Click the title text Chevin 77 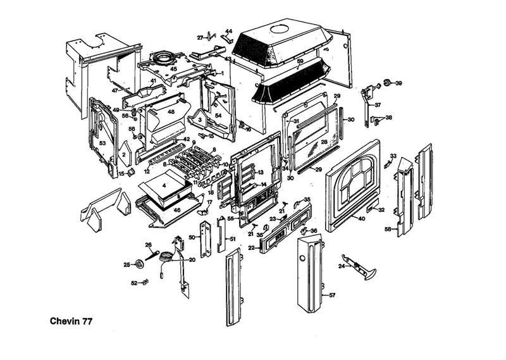pyautogui.click(x=71, y=321)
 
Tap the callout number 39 pyautogui.click(x=399, y=83)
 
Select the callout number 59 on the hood pyautogui.click(x=300, y=61)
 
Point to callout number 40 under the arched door pyautogui.click(x=361, y=219)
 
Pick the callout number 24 pyautogui.click(x=341, y=266)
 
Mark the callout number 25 pyautogui.click(x=126, y=264)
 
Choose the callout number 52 pyautogui.click(x=134, y=283)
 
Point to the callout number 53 pyautogui.click(x=101, y=144)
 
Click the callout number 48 pyautogui.click(x=171, y=112)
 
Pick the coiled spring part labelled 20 pyautogui.click(x=165, y=256)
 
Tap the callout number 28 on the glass pyautogui.click(x=324, y=143)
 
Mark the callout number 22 pyautogui.click(x=251, y=247)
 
